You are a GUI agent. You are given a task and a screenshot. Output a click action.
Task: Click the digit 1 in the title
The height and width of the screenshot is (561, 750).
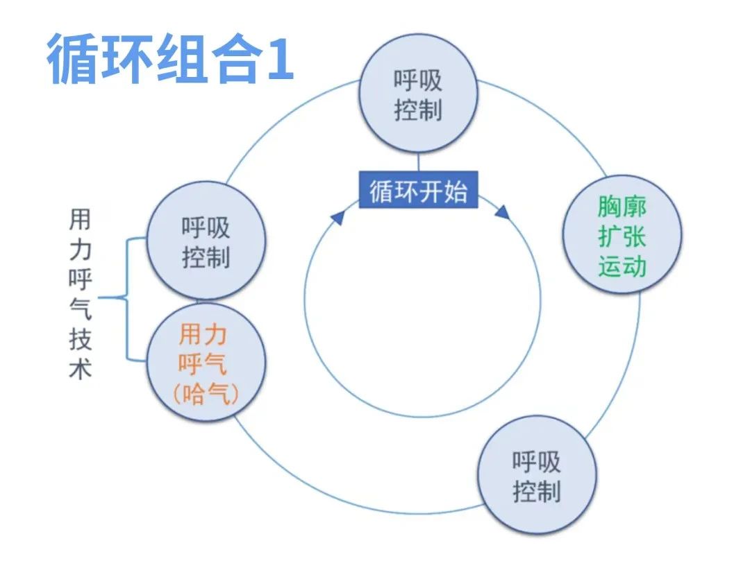pos(280,59)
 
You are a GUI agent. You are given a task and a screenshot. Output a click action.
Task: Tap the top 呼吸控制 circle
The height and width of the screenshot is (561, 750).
pos(418,94)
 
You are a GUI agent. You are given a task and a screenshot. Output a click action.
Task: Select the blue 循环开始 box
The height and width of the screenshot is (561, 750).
pos(419,189)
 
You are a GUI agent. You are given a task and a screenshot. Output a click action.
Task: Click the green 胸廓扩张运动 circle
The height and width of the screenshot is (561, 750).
pos(622,234)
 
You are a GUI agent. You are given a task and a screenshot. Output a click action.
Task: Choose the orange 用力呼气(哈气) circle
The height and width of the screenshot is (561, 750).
pos(206,362)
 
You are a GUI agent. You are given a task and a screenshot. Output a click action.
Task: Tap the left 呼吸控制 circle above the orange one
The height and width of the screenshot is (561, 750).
pos(206,241)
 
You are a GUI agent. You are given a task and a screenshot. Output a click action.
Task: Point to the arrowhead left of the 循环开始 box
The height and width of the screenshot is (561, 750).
pos(337,218)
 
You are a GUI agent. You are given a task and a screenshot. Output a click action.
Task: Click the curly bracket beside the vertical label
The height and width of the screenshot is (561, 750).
pos(126,298)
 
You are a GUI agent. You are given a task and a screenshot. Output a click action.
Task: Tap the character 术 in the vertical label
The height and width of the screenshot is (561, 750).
pos(80,368)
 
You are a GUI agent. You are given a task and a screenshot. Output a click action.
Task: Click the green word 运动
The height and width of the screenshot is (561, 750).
pos(622,266)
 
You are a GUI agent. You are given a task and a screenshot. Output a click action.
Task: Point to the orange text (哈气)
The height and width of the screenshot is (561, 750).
pos(206,393)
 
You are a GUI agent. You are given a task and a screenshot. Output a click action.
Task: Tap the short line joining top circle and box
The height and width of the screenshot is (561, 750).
pos(419,162)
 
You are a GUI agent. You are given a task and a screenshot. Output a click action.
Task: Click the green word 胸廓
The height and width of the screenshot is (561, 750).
pos(622,207)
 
